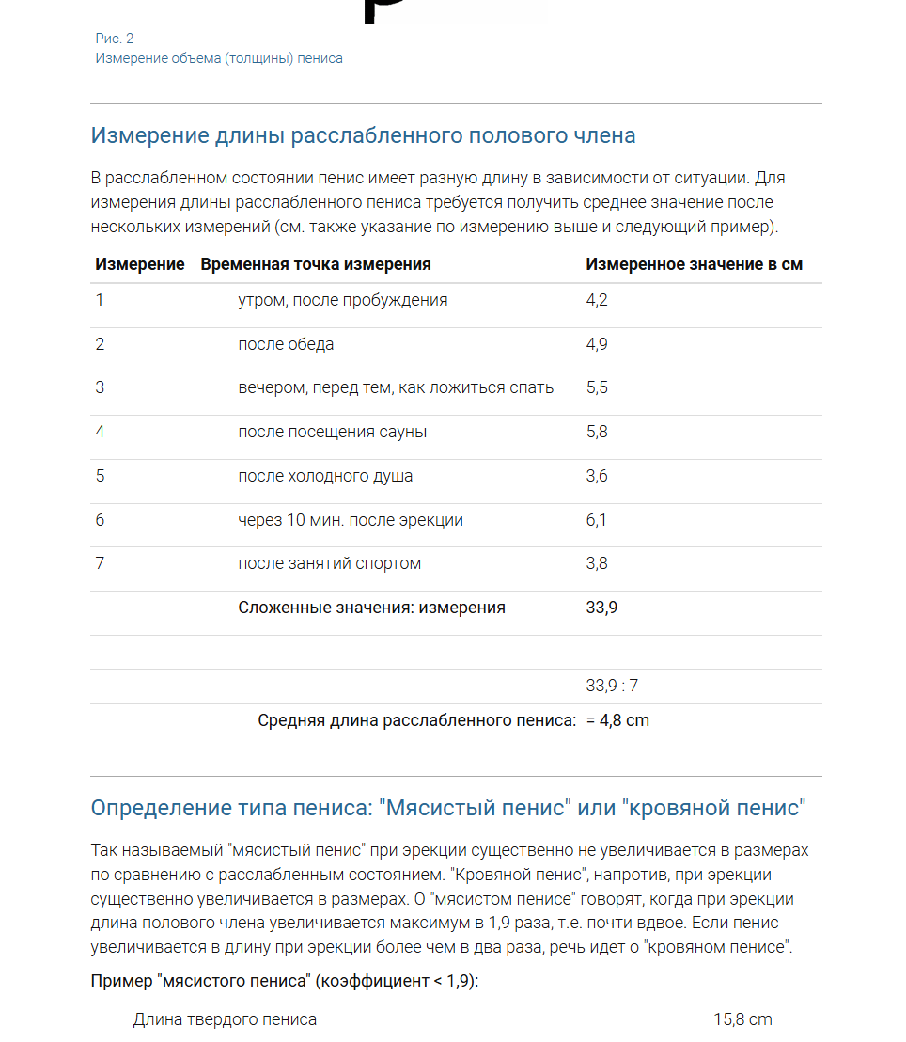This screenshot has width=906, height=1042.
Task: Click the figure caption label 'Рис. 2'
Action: (x=115, y=39)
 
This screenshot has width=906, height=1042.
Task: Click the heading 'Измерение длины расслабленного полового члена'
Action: (x=363, y=135)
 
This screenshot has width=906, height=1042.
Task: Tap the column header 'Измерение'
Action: (x=139, y=264)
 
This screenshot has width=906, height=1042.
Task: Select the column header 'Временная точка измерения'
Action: (x=316, y=264)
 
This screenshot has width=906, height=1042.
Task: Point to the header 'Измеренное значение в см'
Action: (x=694, y=264)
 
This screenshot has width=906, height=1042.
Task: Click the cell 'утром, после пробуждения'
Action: (x=342, y=300)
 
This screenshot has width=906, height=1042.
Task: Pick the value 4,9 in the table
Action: (x=597, y=344)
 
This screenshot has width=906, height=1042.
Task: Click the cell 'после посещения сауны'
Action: (x=332, y=432)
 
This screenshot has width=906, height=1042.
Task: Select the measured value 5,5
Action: (x=597, y=387)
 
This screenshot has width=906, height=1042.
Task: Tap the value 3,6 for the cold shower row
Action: (x=597, y=476)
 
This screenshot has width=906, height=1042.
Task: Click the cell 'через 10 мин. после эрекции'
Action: (x=350, y=520)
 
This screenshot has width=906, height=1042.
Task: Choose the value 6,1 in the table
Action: (x=597, y=520)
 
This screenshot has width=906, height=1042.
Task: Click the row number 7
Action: (x=100, y=563)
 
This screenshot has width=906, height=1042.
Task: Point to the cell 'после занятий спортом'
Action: (x=329, y=563)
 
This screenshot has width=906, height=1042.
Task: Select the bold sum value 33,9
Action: (x=601, y=608)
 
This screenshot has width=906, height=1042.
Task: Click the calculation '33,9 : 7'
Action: (x=612, y=686)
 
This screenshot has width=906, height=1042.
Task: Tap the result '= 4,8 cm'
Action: (x=617, y=720)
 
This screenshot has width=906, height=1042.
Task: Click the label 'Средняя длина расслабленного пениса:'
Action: (x=416, y=720)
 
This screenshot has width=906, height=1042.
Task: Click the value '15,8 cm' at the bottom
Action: (x=742, y=1019)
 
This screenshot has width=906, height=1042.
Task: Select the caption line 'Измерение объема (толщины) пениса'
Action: (x=219, y=58)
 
